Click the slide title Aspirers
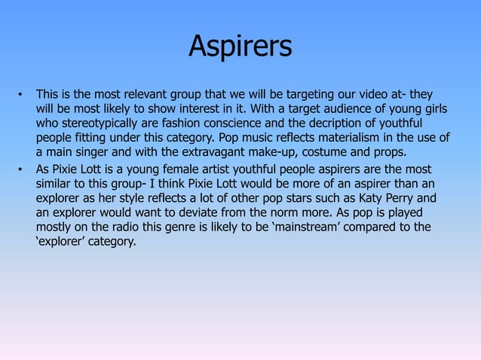click(x=240, y=47)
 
